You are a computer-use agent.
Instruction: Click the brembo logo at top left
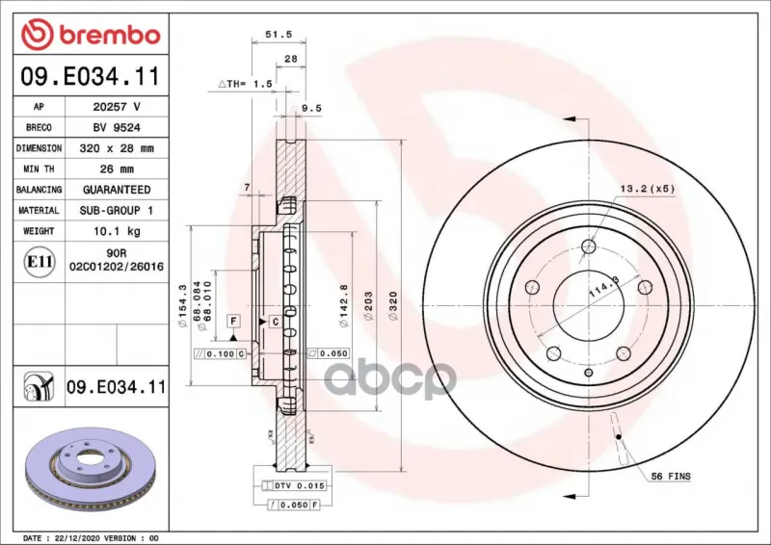[x=91, y=35]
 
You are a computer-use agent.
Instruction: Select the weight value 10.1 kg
[x=117, y=231]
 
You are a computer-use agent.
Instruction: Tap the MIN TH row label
[x=39, y=169]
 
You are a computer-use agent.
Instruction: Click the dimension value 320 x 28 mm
[x=117, y=148]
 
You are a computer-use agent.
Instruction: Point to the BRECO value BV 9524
[x=117, y=128]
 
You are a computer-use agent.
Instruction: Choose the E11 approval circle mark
[x=40, y=262]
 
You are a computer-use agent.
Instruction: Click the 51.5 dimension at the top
[x=279, y=35]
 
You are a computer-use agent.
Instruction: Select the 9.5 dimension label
[x=311, y=108]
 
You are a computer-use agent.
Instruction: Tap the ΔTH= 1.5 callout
[x=246, y=84]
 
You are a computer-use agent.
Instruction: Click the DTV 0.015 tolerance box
[x=294, y=486]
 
